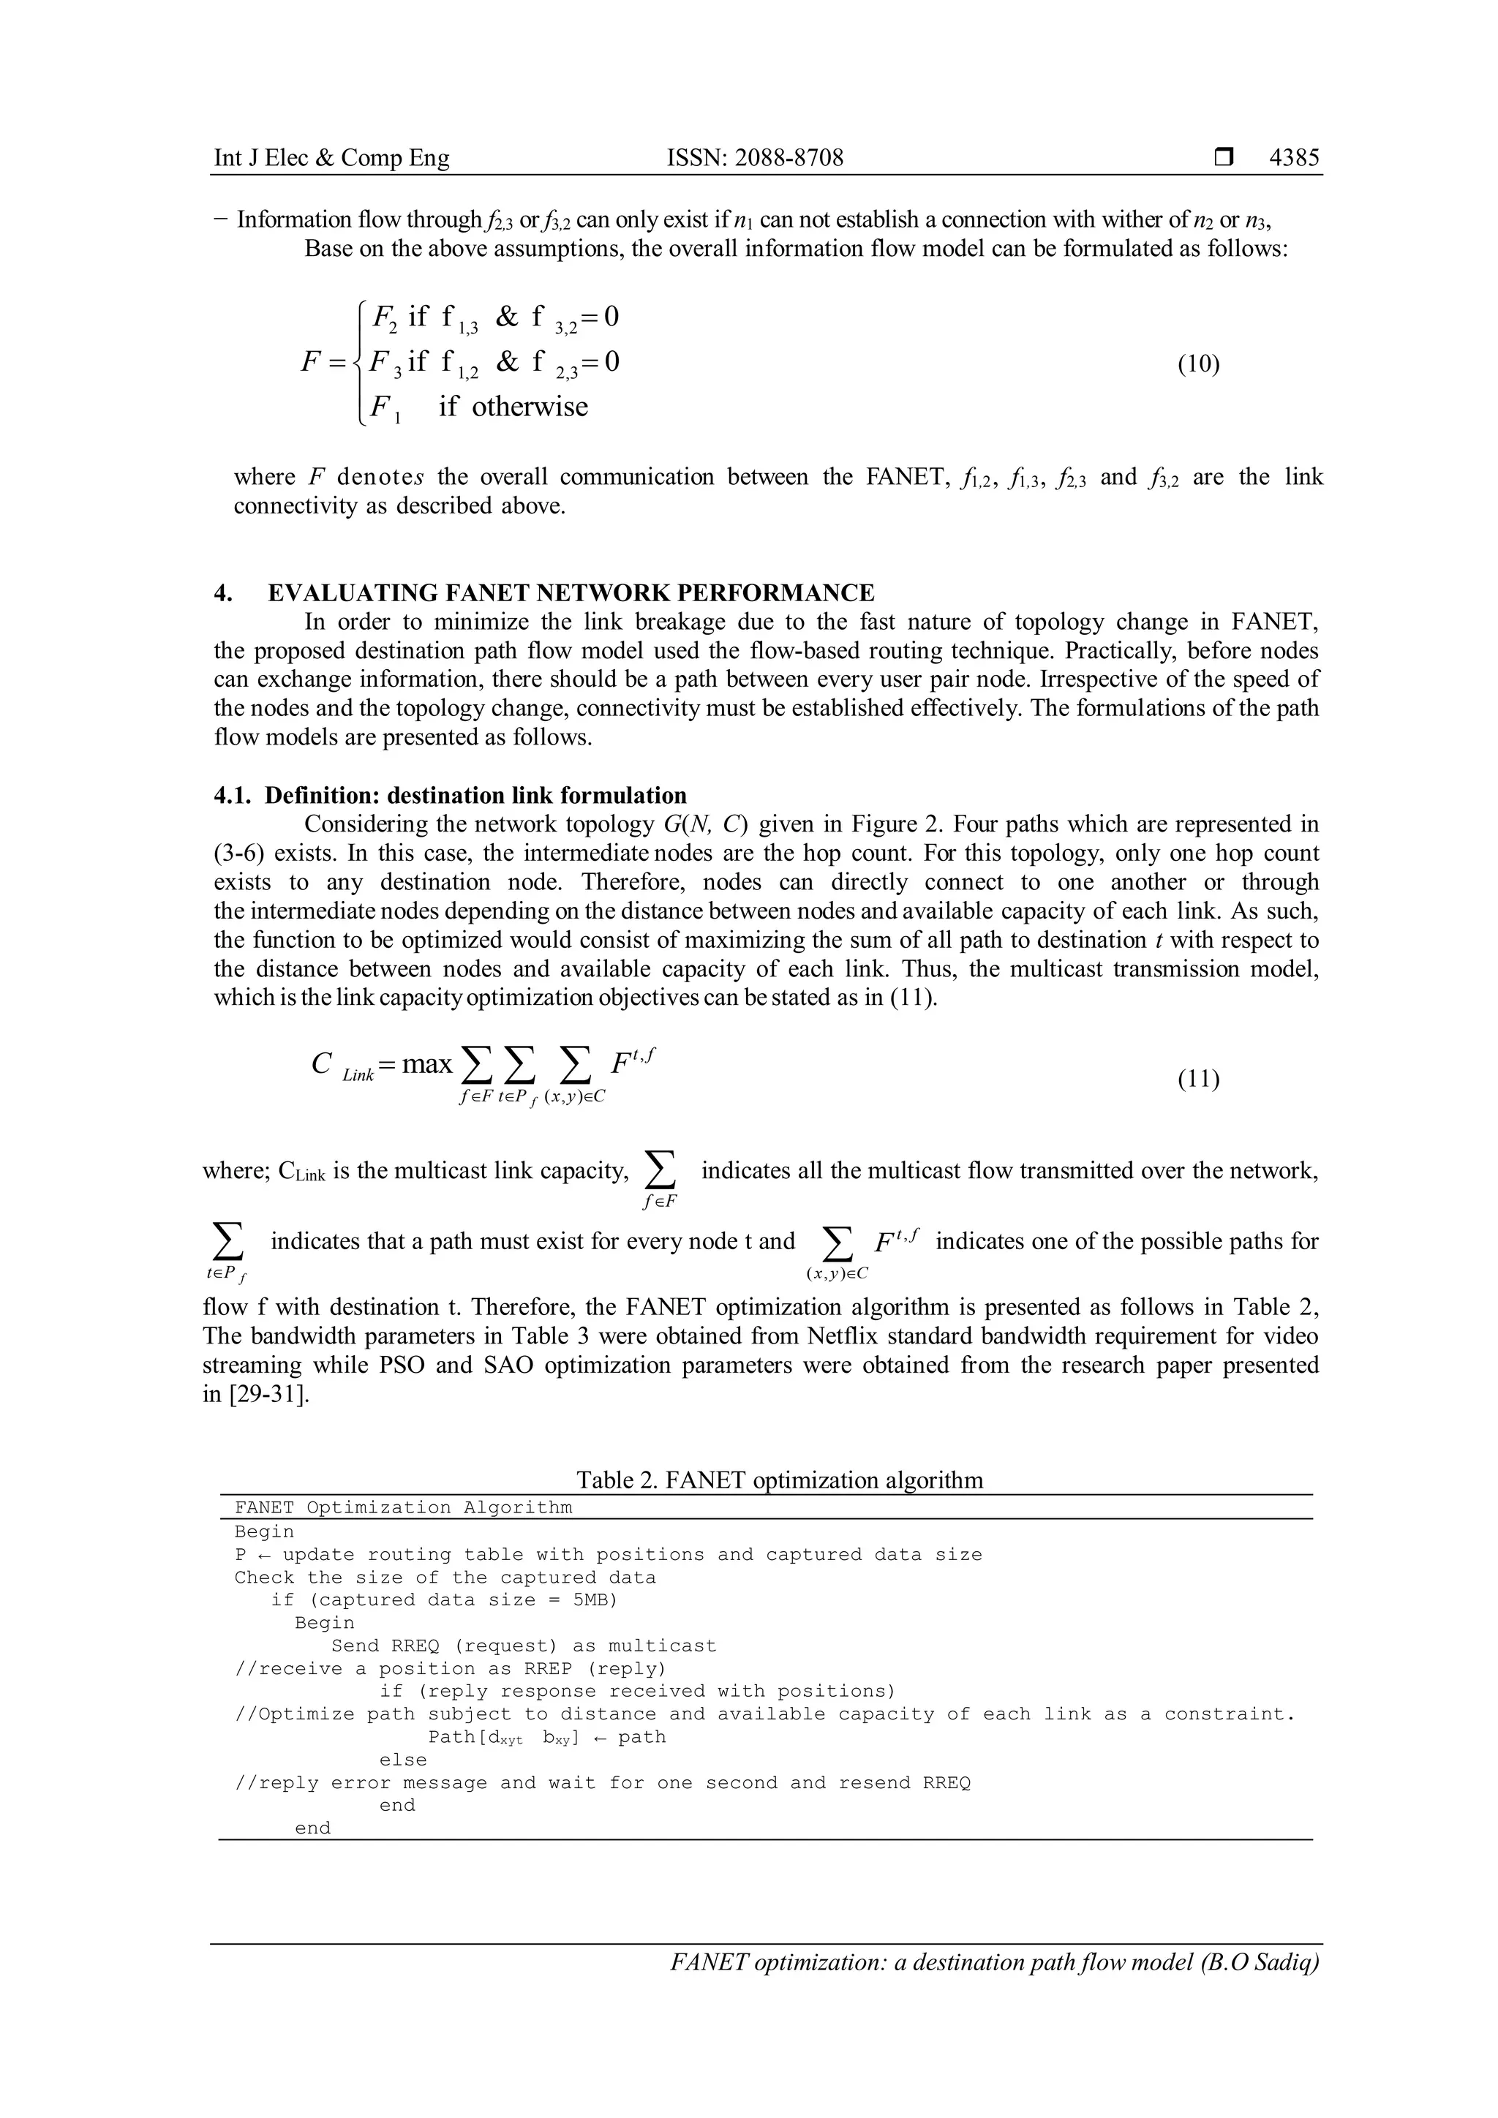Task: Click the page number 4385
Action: [1294, 158]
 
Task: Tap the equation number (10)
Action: [1198, 363]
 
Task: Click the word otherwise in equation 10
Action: [530, 407]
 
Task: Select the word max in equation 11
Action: [427, 1065]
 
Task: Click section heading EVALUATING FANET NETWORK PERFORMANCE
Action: [571, 592]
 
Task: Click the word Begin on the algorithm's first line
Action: [264, 1532]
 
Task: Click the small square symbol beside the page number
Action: [1223, 158]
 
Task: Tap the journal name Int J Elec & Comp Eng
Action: [331, 158]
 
